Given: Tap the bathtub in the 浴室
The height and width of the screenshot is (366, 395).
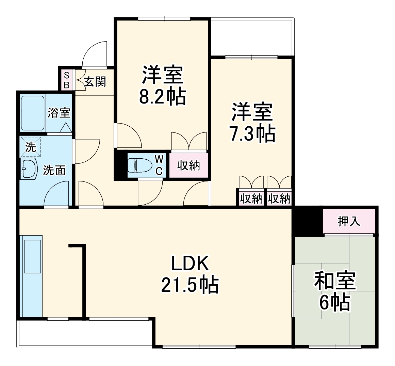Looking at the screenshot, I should pos(32,113).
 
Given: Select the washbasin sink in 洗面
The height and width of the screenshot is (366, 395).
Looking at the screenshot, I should pos(29,168).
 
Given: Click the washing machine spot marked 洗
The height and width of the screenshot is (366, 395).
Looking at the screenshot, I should pos(31,147).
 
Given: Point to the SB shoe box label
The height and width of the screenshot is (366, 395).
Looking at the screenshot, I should pos(66,80).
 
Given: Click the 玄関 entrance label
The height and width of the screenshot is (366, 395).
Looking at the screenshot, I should pos(95,82).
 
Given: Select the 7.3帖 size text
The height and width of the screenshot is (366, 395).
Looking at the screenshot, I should pos(252,134).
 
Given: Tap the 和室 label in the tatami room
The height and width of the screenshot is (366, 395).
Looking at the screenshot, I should pos(335,281).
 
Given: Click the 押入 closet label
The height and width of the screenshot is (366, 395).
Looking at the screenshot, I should pos(349,222).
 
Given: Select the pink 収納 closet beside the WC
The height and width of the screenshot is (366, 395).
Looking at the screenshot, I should pos(188,166).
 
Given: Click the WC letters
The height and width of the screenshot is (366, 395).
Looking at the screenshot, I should pos(159,165).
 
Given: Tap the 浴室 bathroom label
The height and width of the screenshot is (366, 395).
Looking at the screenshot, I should pos(59,113).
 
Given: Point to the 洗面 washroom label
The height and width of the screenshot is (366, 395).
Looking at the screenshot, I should pos(54,170).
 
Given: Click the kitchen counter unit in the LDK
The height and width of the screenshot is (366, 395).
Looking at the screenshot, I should pos(32,276).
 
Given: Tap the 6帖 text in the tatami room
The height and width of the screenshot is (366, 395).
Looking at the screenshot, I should pos(335,302).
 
